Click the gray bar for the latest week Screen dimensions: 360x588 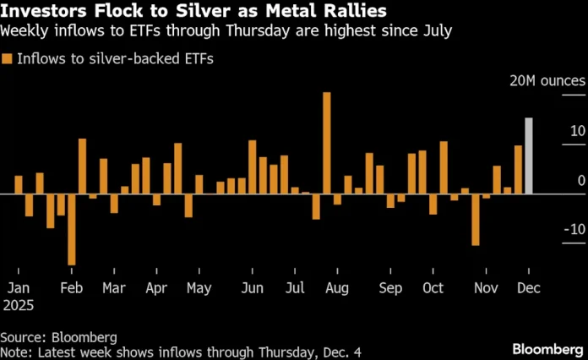tap(529, 156)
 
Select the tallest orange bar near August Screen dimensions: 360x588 tap(327, 144)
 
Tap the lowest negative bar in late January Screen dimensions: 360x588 tap(72, 229)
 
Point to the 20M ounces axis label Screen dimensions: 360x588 tap(547, 81)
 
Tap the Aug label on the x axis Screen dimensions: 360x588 tap(336, 287)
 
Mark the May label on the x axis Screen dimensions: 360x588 tap(199, 287)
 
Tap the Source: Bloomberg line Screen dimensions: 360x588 tap(58, 336)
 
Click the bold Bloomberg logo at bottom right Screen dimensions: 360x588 tap(547, 348)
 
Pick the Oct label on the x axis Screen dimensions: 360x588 tap(433, 287)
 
